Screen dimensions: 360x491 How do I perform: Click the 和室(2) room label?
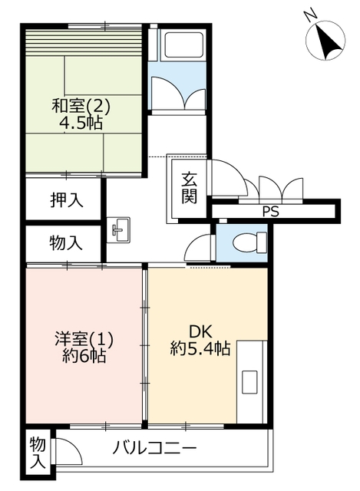pyautogui.click(x=81, y=106)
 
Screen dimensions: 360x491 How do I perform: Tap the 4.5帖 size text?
pyautogui.click(x=81, y=123)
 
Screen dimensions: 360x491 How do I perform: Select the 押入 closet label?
pyautogui.click(x=67, y=199)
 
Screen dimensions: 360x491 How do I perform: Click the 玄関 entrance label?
pyautogui.click(x=190, y=187)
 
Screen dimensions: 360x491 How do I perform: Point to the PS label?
pyautogui.click(x=270, y=212)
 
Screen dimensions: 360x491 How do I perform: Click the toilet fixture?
pyautogui.click(x=249, y=242)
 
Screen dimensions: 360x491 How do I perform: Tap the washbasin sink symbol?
pyautogui.click(x=118, y=230)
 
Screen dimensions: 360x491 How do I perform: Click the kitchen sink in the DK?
pyautogui.click(x=249, y=381)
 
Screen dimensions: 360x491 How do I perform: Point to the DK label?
pyautogui.click(x=200, y=331)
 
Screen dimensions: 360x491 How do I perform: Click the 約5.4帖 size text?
pyautogui.click(x=200, y=348)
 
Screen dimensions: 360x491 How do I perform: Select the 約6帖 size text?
pyautogui.click(x=84, y=356)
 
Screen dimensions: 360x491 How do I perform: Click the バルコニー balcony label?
pyautogui.click(x=154, y=447)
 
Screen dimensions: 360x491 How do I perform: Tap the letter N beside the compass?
pyautogui.click(x=311, y=15)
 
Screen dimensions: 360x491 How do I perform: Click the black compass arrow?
pyautogui.click(x=328, y=43)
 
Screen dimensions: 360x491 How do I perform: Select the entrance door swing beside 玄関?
pyautogui.click(x=228, y=177)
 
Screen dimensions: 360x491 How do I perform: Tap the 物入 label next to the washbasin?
pyautogui.click(x=66, y=242)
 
